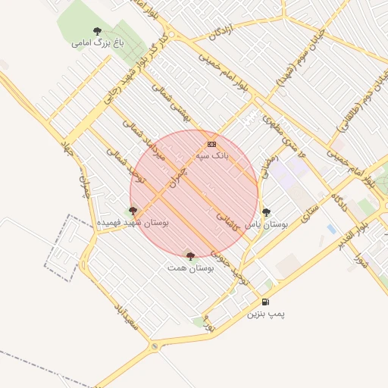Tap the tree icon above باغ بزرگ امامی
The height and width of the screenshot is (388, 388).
96,31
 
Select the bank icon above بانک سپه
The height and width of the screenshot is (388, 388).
211,144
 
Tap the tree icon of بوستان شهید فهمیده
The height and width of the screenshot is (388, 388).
133,211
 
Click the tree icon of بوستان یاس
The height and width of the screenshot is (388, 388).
265,213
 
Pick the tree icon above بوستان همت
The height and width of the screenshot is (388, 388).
190,256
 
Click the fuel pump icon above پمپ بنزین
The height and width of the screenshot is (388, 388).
265,302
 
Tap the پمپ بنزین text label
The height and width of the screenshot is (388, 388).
265,313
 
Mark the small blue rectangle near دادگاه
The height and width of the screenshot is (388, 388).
330,228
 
